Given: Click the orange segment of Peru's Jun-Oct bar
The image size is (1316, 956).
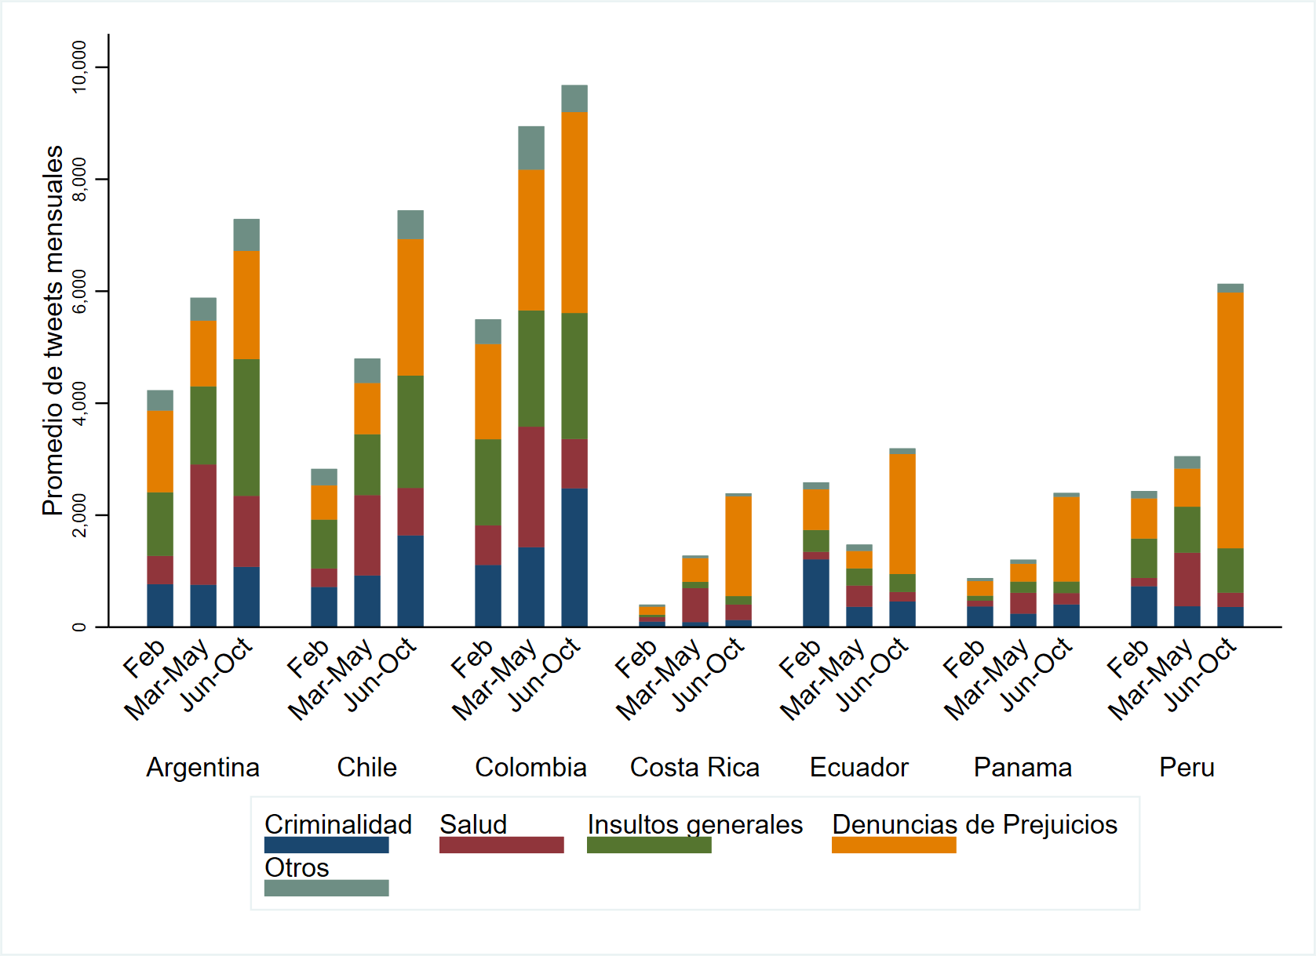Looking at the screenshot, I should [x=1230, y=420].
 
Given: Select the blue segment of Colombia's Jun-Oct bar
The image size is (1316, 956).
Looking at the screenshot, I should [x=574, y=558].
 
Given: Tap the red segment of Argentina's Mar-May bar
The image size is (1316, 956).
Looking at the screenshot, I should [x=203, y=525].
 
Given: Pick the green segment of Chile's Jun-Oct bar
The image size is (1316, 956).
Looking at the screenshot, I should [x=410, y=432].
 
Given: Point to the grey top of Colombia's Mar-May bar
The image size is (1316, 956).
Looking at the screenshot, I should [x=531, y=147].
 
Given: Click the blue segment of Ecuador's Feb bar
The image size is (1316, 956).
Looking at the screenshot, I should [x=816, y=593].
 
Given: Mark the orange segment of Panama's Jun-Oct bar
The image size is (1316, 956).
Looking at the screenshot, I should [x=1066, y=539].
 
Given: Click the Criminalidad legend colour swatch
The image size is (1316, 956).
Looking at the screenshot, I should [x=326, y=845].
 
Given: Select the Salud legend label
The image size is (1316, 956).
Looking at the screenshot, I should [x=473, y=824].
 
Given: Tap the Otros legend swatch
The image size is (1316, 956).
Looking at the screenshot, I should [x=326, y=888].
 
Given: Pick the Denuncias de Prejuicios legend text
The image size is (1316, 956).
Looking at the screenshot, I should [x=975, y=824].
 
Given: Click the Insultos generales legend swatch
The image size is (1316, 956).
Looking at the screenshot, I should [x=649, y=845].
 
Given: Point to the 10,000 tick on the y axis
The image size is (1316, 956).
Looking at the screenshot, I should [x=79, y=67].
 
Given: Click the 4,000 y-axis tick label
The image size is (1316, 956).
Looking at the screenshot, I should [x=79, y=403].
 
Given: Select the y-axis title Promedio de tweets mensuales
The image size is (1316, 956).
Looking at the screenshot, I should [x=53, y=330].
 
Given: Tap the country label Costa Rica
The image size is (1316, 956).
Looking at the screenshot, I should [x=694, y=767].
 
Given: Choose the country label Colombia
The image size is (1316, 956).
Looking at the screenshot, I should [x=530, y=767].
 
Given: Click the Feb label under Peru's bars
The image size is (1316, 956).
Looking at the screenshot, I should [x=1128, y=660].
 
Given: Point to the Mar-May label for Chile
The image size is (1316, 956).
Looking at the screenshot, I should [x=330, y=679].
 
